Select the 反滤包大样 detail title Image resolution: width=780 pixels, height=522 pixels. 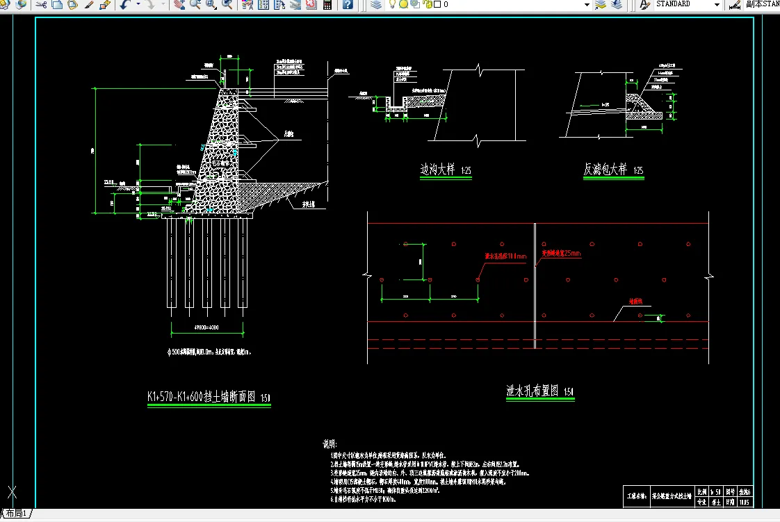pyautogui.click(x=605, y=170)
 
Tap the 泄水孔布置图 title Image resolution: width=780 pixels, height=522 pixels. pyautogui.click(x=533, y=391)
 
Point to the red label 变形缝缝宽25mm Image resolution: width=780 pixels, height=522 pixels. pyautogui.click(x=560, y=254)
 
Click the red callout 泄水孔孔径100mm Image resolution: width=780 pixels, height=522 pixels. pyautogui.click(x=505, y=256)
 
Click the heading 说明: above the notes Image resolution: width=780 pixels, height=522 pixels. pyautogui.click(x=330, y=443)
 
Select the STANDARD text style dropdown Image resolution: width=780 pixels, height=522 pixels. pyautogui.click(x=685, y=4)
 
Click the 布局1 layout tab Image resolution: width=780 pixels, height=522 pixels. pyautogui.click(x=15, y=514)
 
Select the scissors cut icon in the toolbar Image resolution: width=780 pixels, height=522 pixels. pyautogui.click(x=40, y=4)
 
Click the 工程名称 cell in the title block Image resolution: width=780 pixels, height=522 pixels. pyautogui.click(x=637, y=496)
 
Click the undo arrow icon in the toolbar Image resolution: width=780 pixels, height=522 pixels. pyautogui.click(x=124, y=4)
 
